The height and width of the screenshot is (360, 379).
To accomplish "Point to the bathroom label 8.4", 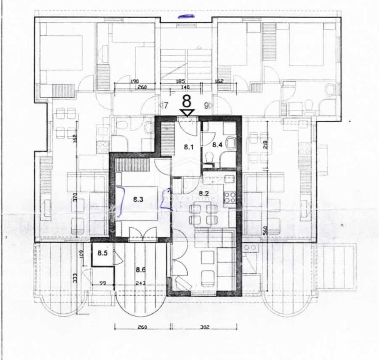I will point(217,145).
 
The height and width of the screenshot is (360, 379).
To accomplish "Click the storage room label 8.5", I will point(103,253).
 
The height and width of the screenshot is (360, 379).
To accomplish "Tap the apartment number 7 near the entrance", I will point(166,105).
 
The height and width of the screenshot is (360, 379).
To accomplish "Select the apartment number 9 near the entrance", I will point(206,105).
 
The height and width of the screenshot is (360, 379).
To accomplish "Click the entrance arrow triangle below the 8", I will point(186,112).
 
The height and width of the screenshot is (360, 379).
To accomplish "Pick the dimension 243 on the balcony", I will point(140,283).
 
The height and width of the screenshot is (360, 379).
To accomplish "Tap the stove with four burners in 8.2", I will point(230,197).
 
